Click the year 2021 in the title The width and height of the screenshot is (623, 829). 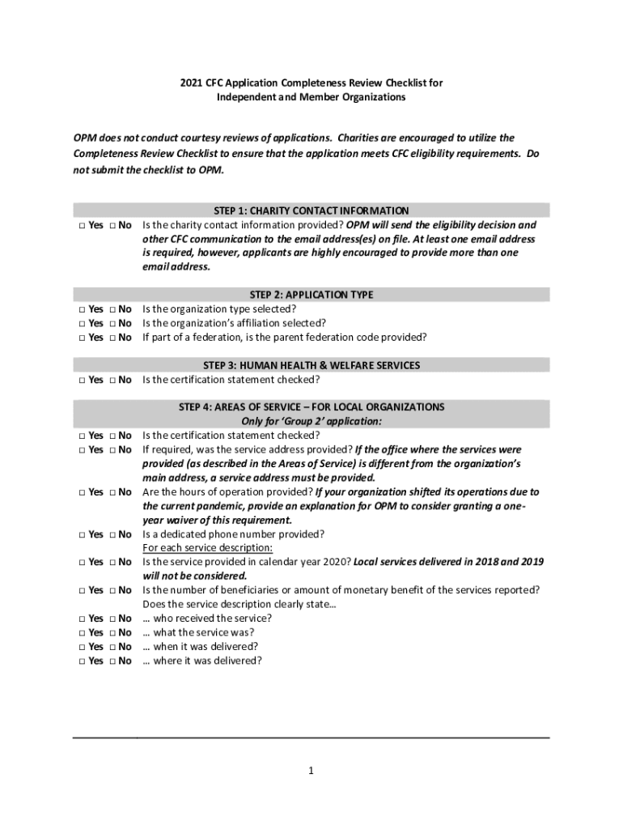191,83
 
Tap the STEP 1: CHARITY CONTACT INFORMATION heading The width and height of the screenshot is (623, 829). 311,210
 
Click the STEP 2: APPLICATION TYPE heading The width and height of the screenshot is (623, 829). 311,295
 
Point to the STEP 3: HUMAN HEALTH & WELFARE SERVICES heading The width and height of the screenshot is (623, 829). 311,365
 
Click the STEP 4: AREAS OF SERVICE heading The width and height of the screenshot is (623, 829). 311,406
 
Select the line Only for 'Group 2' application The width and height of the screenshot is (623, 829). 311,421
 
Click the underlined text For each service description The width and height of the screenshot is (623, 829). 208,548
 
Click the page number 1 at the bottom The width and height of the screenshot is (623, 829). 311,771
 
